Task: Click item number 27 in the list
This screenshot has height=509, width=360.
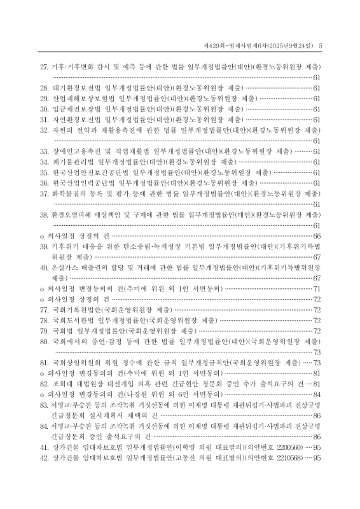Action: (x=44, y=66)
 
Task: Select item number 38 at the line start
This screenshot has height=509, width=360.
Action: (x=44, y=215)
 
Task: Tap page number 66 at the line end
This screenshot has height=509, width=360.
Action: (x=316, y=236)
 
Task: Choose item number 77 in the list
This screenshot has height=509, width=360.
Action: (x=44, y=310)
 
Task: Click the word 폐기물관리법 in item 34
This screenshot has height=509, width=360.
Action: (x=73, y=162)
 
